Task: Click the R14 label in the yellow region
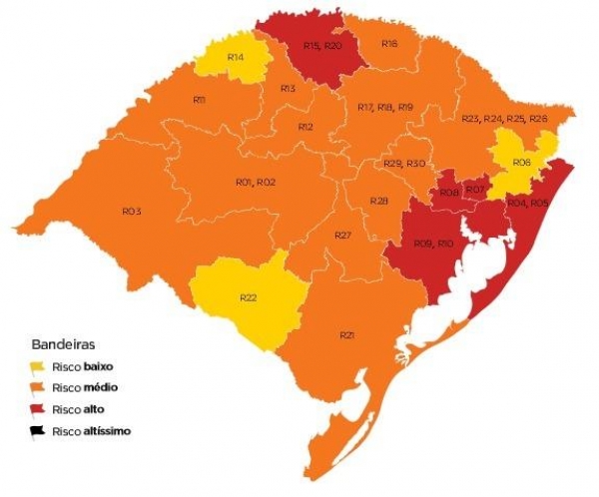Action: pyautogui.click(x=237, y=58)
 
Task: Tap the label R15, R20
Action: pyautogui.click(x=322, y=47)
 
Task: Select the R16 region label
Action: pyautogui.click(x=389, y=44)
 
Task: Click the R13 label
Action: pyautogui.click(x=288, y=90)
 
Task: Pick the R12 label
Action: pyautogui.click(x=305, y=128)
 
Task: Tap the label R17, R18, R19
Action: pyautogui.click(x=384, y=107)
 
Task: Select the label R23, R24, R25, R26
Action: pyautogui.click(x=504, y=119)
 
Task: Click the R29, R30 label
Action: pyautogui.click(x=404, y=164)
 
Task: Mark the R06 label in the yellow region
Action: pyautogui.click(x=521, y=163)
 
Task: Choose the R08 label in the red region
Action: pyautogui.click(x=448, y=193)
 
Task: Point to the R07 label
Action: pyautogui.click(x=475, y=190)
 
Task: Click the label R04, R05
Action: pyautogui.click(x=527, y=203)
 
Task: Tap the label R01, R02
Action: pyautogui.click(x=256, y=183)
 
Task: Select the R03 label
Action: pyautogui.click(x=131, y=212)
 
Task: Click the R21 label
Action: pyautogui.click(x=347, y=334)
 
